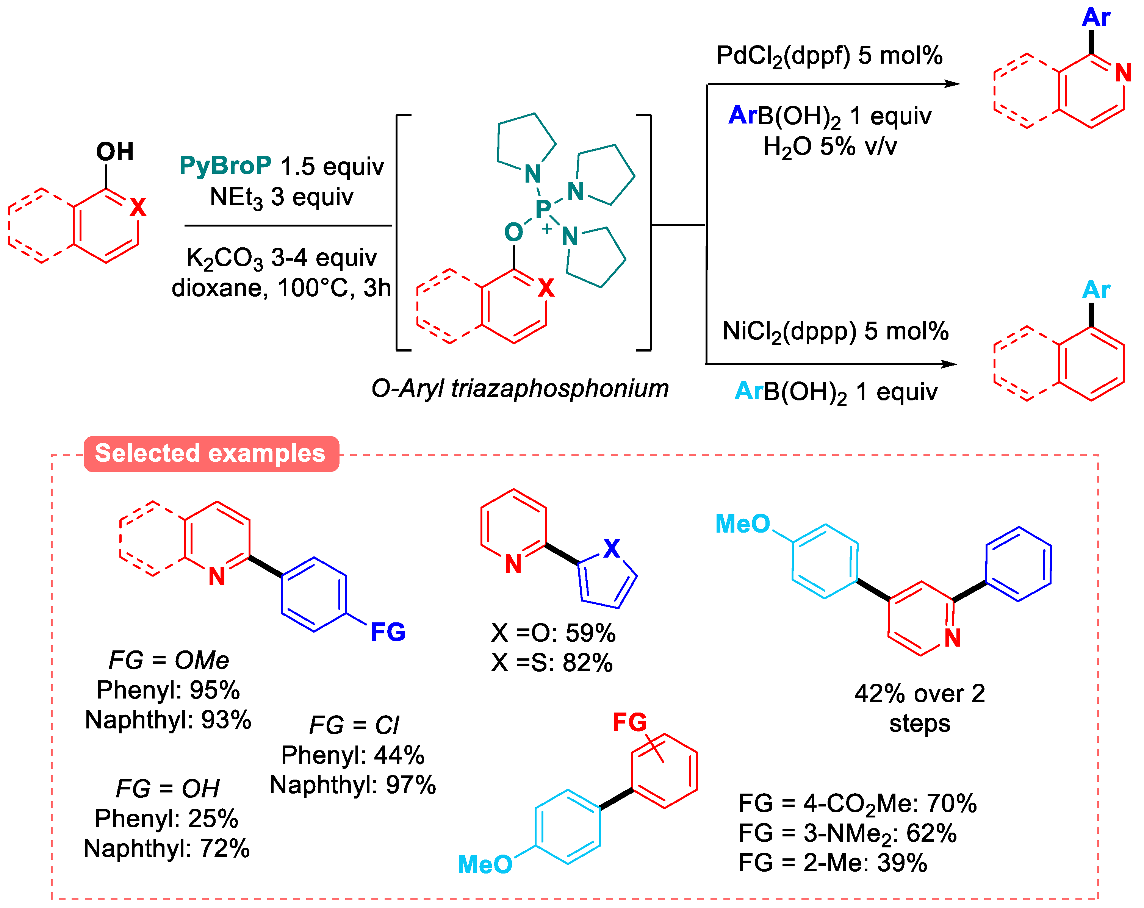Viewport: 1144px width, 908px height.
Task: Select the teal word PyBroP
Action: [x=225, y=166]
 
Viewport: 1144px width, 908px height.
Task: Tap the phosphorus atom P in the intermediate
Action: [x=543, y=209]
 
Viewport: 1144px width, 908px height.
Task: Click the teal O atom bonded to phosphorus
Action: [x=513, y=232]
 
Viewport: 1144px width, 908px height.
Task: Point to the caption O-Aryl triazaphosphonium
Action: [x=520, y=388]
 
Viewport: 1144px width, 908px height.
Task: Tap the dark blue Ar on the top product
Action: [x=1096, y=17]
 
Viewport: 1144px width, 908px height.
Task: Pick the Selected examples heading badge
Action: [x=211, y=453]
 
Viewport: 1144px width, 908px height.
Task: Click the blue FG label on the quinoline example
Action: [x=388, y=632]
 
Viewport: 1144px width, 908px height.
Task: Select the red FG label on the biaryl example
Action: [x=629, y=722]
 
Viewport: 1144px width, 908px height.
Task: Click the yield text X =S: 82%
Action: [x=552, y=663]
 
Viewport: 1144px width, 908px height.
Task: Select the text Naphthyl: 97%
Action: [x=352, y=785]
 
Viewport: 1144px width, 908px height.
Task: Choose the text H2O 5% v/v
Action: [x=829, y=146]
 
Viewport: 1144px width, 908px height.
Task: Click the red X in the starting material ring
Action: [x=138, y=207]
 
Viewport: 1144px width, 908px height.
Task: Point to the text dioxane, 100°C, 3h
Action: [x=281, y=288]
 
